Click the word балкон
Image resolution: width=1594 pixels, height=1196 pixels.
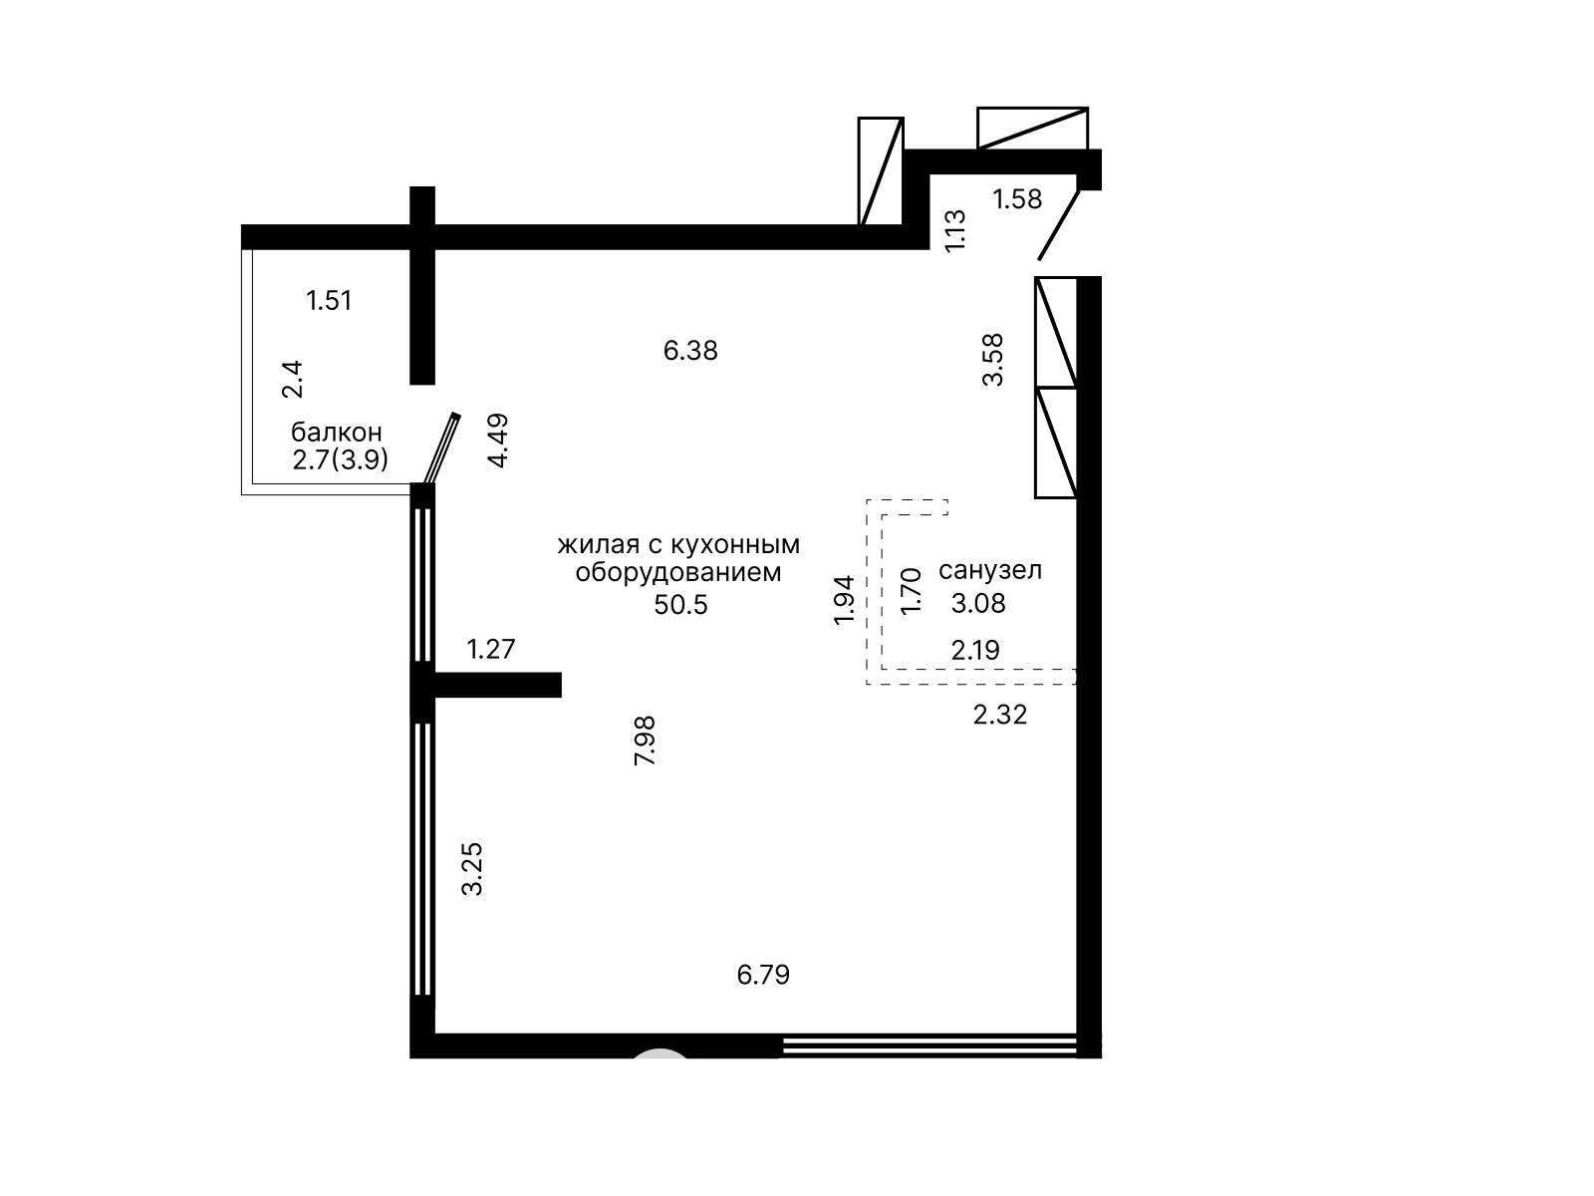coord(336,433)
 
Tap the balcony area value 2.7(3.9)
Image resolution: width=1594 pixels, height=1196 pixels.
coord(341,459)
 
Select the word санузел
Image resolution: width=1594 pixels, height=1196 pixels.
coord(990,571)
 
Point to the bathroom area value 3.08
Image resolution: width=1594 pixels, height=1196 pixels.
coord(978,603)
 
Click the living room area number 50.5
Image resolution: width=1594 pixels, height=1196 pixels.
coord(680,604)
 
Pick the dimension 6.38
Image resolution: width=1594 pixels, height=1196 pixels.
coord(690,351)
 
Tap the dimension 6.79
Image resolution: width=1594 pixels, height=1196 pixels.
coord(763,975)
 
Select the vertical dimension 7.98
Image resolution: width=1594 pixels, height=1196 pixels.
coord(645,741)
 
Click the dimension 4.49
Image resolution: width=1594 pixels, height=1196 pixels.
coord(498,441)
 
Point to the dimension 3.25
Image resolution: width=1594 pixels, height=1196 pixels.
coord(472,869)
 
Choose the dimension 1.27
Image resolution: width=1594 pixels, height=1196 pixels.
coord(491,649)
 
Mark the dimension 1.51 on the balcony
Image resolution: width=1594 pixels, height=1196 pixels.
coord(329,301)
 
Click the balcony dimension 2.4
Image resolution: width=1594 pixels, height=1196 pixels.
coord(292,379)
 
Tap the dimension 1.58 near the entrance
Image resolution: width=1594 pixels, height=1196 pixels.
coord(1017,199)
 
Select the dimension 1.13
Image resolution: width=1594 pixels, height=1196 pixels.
coord(955,231)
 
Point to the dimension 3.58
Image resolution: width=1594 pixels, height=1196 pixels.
coord(992,360)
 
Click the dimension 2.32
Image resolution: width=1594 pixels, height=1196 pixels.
coord(1000,716)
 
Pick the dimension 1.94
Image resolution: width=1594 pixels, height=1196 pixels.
coord(844,601)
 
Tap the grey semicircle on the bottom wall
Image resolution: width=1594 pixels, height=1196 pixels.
coord(660,1053)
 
